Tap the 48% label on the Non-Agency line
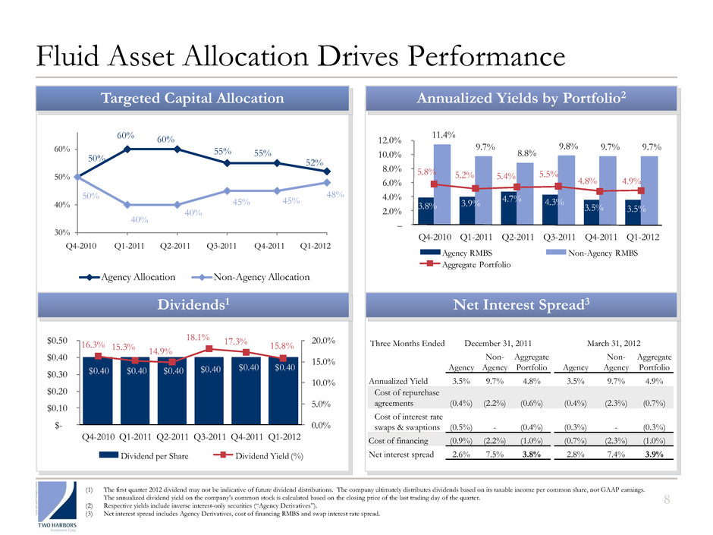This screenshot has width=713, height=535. [335, 195]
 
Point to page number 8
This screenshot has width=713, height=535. [689, 499]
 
